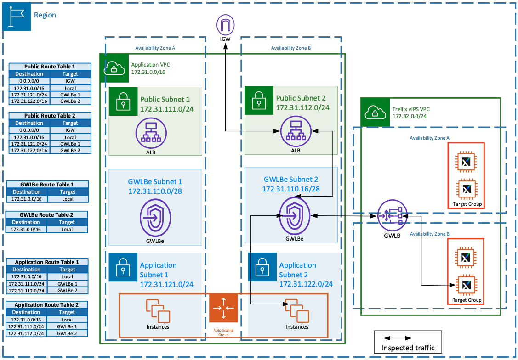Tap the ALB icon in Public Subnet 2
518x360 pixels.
click(295, 131)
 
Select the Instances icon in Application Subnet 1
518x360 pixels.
click(157, 310)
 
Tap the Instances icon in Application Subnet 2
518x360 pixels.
click(296, 310)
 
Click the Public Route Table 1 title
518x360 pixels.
click(49, 67)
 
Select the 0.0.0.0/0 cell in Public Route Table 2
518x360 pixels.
click(29, 130)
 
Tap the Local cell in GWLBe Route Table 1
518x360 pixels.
click(67, 199)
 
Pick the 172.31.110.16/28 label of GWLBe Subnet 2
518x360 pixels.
click(290, 189)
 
